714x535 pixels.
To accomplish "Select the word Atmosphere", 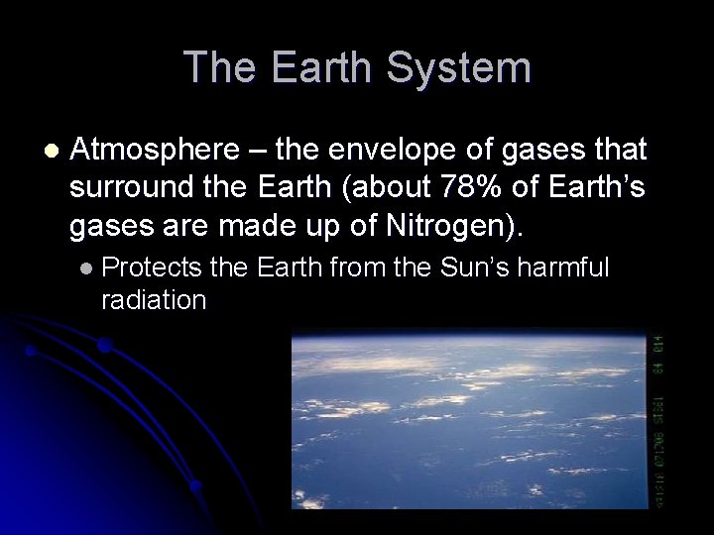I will tap(154, 152).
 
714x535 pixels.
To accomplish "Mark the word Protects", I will tap(152, 267).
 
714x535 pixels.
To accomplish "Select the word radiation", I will tap(154, 300).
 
